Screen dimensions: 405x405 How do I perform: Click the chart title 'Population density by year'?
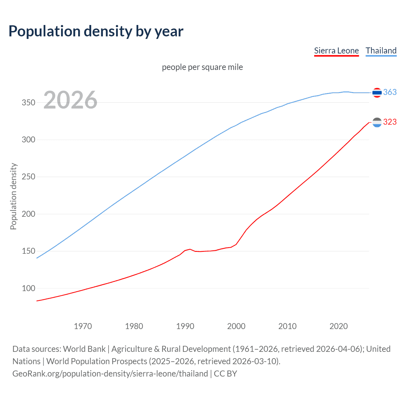point(96,31)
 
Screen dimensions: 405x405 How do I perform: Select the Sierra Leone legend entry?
point(336,51)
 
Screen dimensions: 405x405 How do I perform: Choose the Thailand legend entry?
point(381,51)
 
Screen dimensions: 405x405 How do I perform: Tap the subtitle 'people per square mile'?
point(202,67)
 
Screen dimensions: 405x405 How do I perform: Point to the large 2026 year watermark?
point(70,100)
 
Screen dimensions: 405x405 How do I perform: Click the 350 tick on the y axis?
point(28,103)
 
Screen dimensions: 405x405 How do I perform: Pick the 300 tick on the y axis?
point(28,140)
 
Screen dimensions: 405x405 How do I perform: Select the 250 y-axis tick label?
point(28,177)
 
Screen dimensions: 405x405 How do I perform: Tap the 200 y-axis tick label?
point(28,214)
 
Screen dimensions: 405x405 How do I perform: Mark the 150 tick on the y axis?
point(28,251)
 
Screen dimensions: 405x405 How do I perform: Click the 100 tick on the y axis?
point(28,288)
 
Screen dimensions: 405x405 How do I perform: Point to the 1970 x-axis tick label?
point(83,326)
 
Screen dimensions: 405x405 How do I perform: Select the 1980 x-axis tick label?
point(134,326)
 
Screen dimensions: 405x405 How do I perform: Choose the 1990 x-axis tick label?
point(185,326)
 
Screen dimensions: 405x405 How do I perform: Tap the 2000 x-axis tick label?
point(236,326)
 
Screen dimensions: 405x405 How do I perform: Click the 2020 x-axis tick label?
point(339,326)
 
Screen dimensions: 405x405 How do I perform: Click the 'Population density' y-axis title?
point(13,196)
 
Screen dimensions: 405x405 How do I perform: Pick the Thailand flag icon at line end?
point(377,92)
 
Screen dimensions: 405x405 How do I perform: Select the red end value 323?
point(390,122)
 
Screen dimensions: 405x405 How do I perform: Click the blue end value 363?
point(390,92)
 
